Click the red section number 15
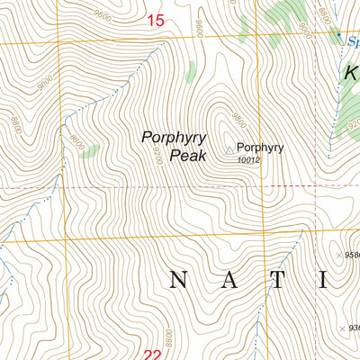(x=155, y=20)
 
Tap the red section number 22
(x=153, y=355)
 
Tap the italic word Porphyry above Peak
(x=174, y=138)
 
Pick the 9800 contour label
(x=238, y=120)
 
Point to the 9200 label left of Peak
(x=155, y=155)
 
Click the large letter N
(x=178, y=281)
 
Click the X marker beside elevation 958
(x=338, y=256)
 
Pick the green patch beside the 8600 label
(x=88, y=151)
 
